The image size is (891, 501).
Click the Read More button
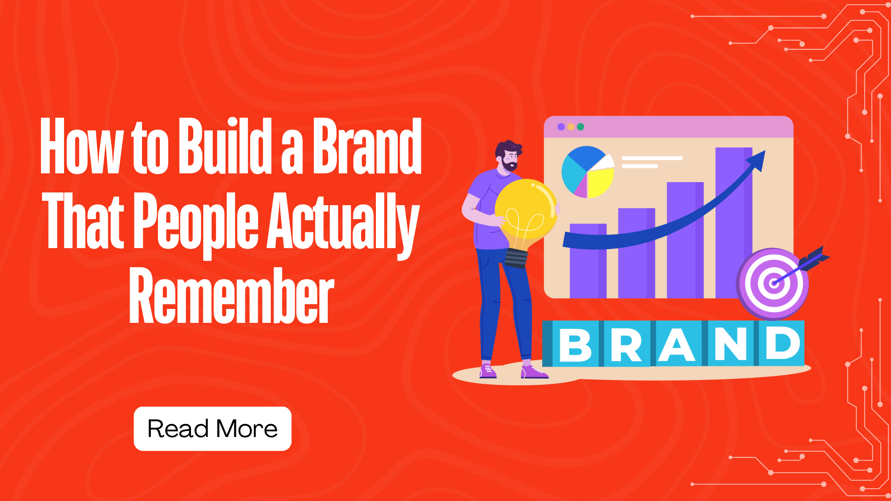pos(212,429)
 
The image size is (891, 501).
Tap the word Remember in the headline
pos(232,295)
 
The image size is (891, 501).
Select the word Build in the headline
pos(225,146)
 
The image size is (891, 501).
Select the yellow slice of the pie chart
pos(600,182)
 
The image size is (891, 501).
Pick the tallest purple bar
pos(734,223)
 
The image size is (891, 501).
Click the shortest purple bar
pos(588,261)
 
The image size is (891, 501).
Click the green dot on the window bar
pos(580,127)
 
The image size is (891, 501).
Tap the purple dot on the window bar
pos(561,127)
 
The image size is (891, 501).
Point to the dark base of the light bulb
pos(516,258)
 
